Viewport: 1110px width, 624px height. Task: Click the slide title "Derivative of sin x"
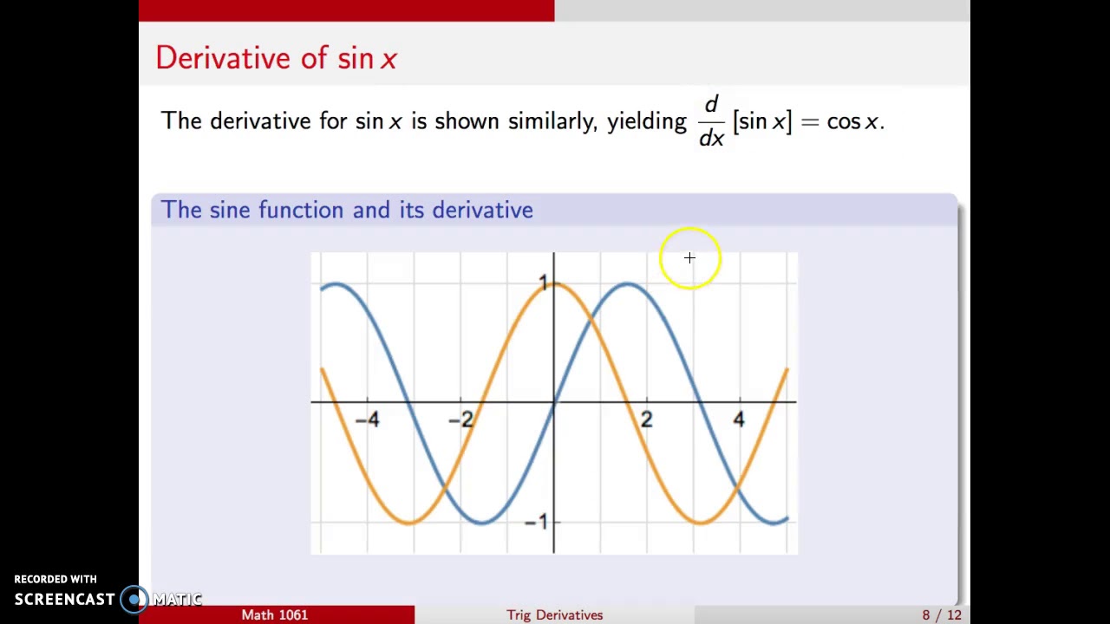click(276, 58)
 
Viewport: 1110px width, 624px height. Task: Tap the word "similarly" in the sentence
click(552, 121)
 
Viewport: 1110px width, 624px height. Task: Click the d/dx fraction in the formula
click(711, 121)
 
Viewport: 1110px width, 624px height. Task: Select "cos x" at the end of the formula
click(853, 121)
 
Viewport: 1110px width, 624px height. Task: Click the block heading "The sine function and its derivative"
click(346, 210)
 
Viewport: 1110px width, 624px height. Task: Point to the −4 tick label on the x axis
click(368, 420)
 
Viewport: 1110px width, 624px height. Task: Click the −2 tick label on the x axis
click(461, 420)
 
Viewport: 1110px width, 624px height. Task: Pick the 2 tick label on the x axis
click(646, 420)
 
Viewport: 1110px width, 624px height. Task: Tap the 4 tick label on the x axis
click(739, 420)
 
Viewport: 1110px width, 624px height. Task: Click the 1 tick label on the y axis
click(544, 283)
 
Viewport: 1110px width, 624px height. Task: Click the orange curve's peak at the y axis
click(554, 284)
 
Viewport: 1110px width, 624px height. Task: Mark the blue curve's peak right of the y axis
click(627, 284)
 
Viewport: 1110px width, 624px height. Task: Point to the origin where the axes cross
click(554, 402)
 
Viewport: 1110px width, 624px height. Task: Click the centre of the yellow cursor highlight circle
click(689, 258)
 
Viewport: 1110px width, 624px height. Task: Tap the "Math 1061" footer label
click(275, 614)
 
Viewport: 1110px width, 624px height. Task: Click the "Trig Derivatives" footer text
click(555, 614)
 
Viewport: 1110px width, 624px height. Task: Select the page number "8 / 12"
click(942, 614)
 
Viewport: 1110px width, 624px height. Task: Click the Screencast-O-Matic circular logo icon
click(134, 599)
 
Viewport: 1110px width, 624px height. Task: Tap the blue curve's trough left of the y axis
click(481, 522)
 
